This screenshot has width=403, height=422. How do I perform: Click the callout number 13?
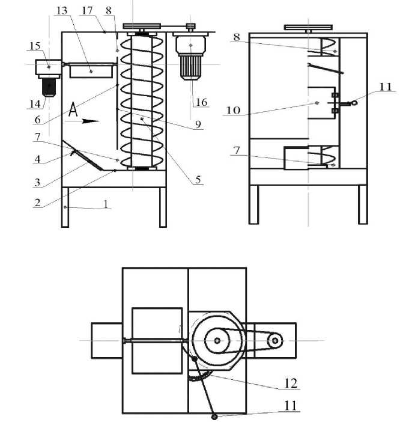(x=62, y=11)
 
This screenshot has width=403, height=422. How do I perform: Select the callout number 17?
(x=87, y=11)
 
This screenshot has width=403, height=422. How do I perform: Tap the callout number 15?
(x=35, y=46)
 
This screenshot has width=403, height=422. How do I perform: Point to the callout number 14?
(x=35, y=104)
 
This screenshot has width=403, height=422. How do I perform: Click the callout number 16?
(x=201, y=102)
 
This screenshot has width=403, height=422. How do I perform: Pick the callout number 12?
(x=291, y=384)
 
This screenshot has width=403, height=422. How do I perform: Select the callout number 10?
(x=233, y=110)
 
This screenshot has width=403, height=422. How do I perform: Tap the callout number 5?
(x=198, y=180)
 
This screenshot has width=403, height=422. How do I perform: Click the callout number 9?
(x=198, y=124)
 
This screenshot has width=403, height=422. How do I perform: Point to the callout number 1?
(x=106, y=204)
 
